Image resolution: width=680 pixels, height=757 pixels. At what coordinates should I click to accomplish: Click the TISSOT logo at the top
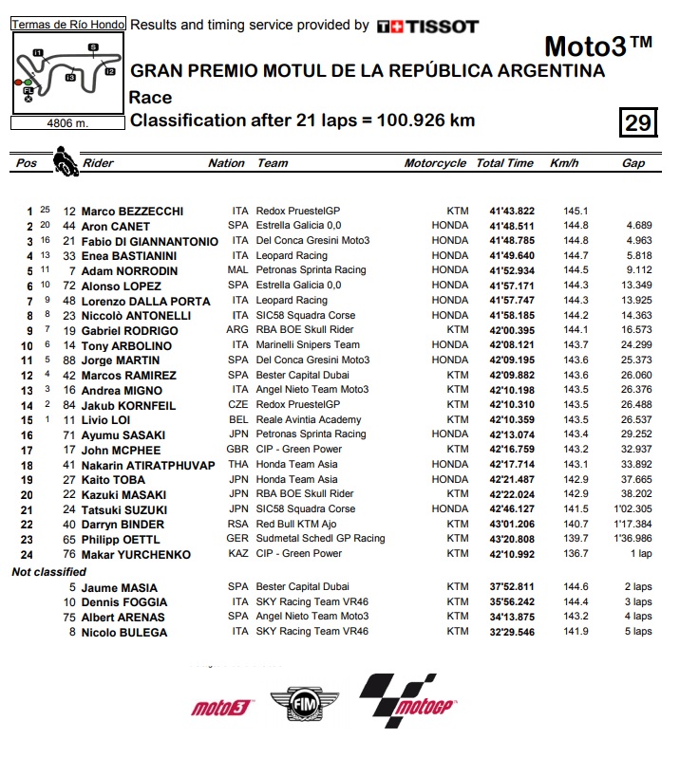coord(427,27)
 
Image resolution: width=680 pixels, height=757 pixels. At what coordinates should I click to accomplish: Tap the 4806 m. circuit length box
coord(66,122)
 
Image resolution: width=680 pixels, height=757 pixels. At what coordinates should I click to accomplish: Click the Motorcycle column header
coord(435,163)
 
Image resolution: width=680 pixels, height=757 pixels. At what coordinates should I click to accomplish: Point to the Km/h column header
coord(564,163)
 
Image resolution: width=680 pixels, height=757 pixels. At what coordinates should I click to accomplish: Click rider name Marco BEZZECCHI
coord(132,212)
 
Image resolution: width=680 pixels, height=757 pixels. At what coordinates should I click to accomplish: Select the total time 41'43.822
coord(512,212)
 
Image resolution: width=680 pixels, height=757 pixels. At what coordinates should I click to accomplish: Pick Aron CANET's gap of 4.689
coord(638,227)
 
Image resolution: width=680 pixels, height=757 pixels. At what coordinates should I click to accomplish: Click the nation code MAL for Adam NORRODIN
coord(239,270)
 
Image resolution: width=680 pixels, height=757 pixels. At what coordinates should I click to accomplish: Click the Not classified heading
coord(48,572)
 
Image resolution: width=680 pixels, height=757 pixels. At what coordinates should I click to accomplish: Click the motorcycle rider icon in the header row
coord(65,159)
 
